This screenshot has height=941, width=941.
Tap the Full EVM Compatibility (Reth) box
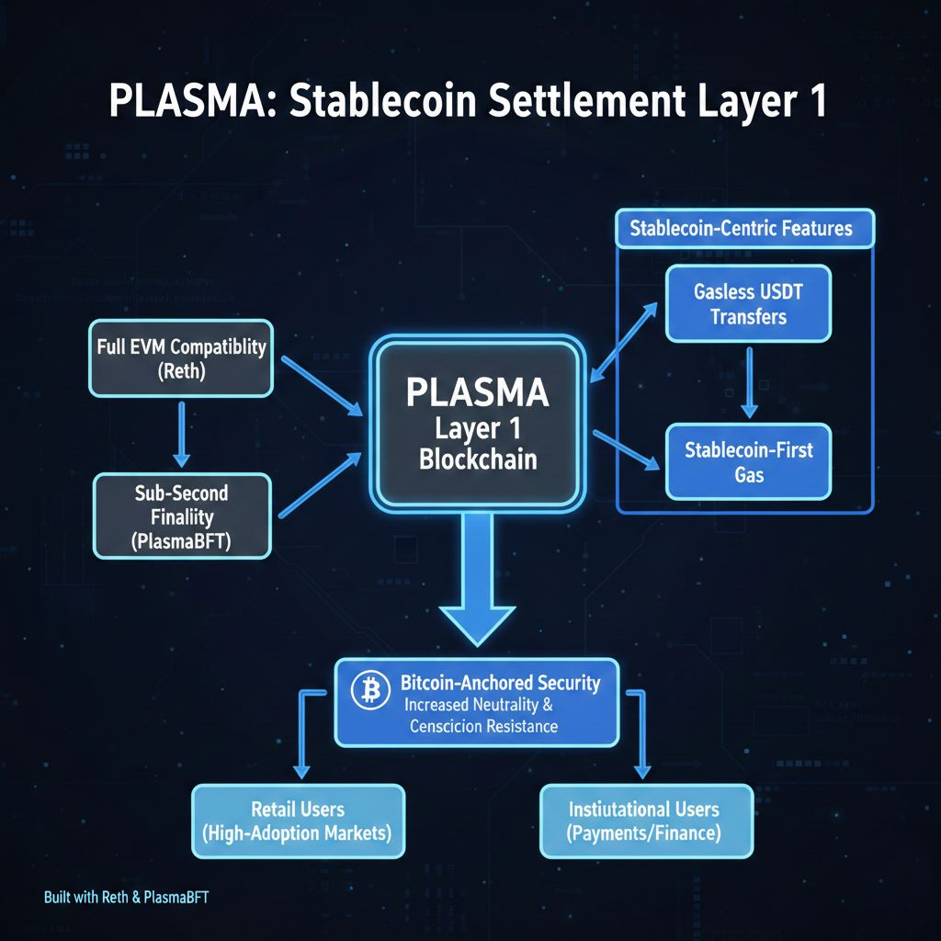[181, 358]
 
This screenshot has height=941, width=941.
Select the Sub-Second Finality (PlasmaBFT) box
[181, 516]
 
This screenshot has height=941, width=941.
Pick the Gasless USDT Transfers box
[748, 303]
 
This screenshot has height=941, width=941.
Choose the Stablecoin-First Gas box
[748, 462]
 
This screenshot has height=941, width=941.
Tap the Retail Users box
[298, 821]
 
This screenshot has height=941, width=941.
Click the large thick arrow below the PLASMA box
[477, 579]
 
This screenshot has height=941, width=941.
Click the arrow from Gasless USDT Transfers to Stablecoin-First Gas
[749, 381]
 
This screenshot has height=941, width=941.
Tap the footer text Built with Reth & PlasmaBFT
[126, 897]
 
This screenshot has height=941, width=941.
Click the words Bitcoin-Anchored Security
[501, 683]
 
